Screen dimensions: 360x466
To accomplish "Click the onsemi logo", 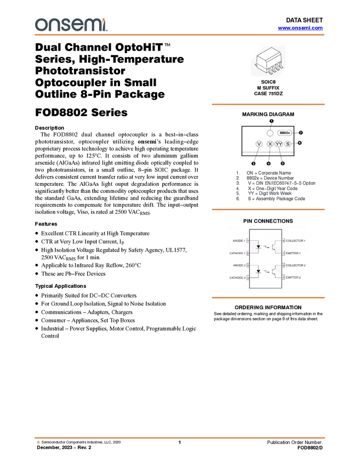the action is pyautogui.click(x=71, y=24).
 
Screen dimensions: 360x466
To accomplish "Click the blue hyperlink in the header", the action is pyautogui.click(x=300, y=27).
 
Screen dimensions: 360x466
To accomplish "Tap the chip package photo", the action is pyautogui.click(x=268, y=61).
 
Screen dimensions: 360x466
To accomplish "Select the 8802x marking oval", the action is pyautogui.click(x=284, y=133).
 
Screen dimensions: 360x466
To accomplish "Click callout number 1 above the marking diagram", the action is pyautogui.click(x=271, y=121).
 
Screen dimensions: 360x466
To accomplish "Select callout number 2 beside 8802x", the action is pyautogui.click(x=301, y=133).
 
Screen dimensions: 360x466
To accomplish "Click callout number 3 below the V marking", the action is pyautogui.click(x=254, y=163).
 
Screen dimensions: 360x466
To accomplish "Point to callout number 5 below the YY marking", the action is pyautogui.click(x=283, y=163).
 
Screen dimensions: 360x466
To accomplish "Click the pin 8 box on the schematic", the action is pyautogui.click(x=283, y=241).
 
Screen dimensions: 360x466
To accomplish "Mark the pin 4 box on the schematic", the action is pyautogui.click(x=248, y=277).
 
